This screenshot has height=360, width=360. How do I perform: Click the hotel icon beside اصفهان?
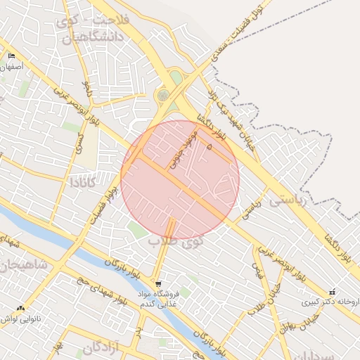[11, 56]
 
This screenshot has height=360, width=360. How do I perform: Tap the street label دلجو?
[86, 87]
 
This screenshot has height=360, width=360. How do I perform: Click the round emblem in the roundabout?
[163, 94]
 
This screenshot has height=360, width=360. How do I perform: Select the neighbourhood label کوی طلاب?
[176, 243]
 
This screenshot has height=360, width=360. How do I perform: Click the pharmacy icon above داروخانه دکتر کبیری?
[331, 292]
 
